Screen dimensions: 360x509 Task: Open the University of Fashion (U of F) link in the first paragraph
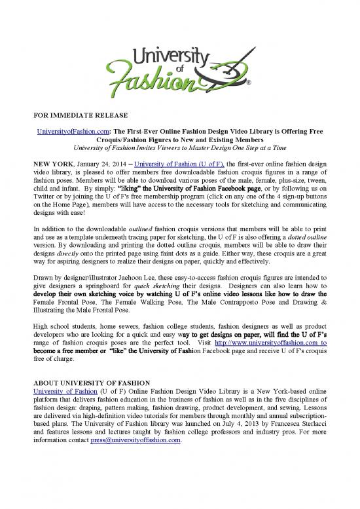(x=169, y=163)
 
